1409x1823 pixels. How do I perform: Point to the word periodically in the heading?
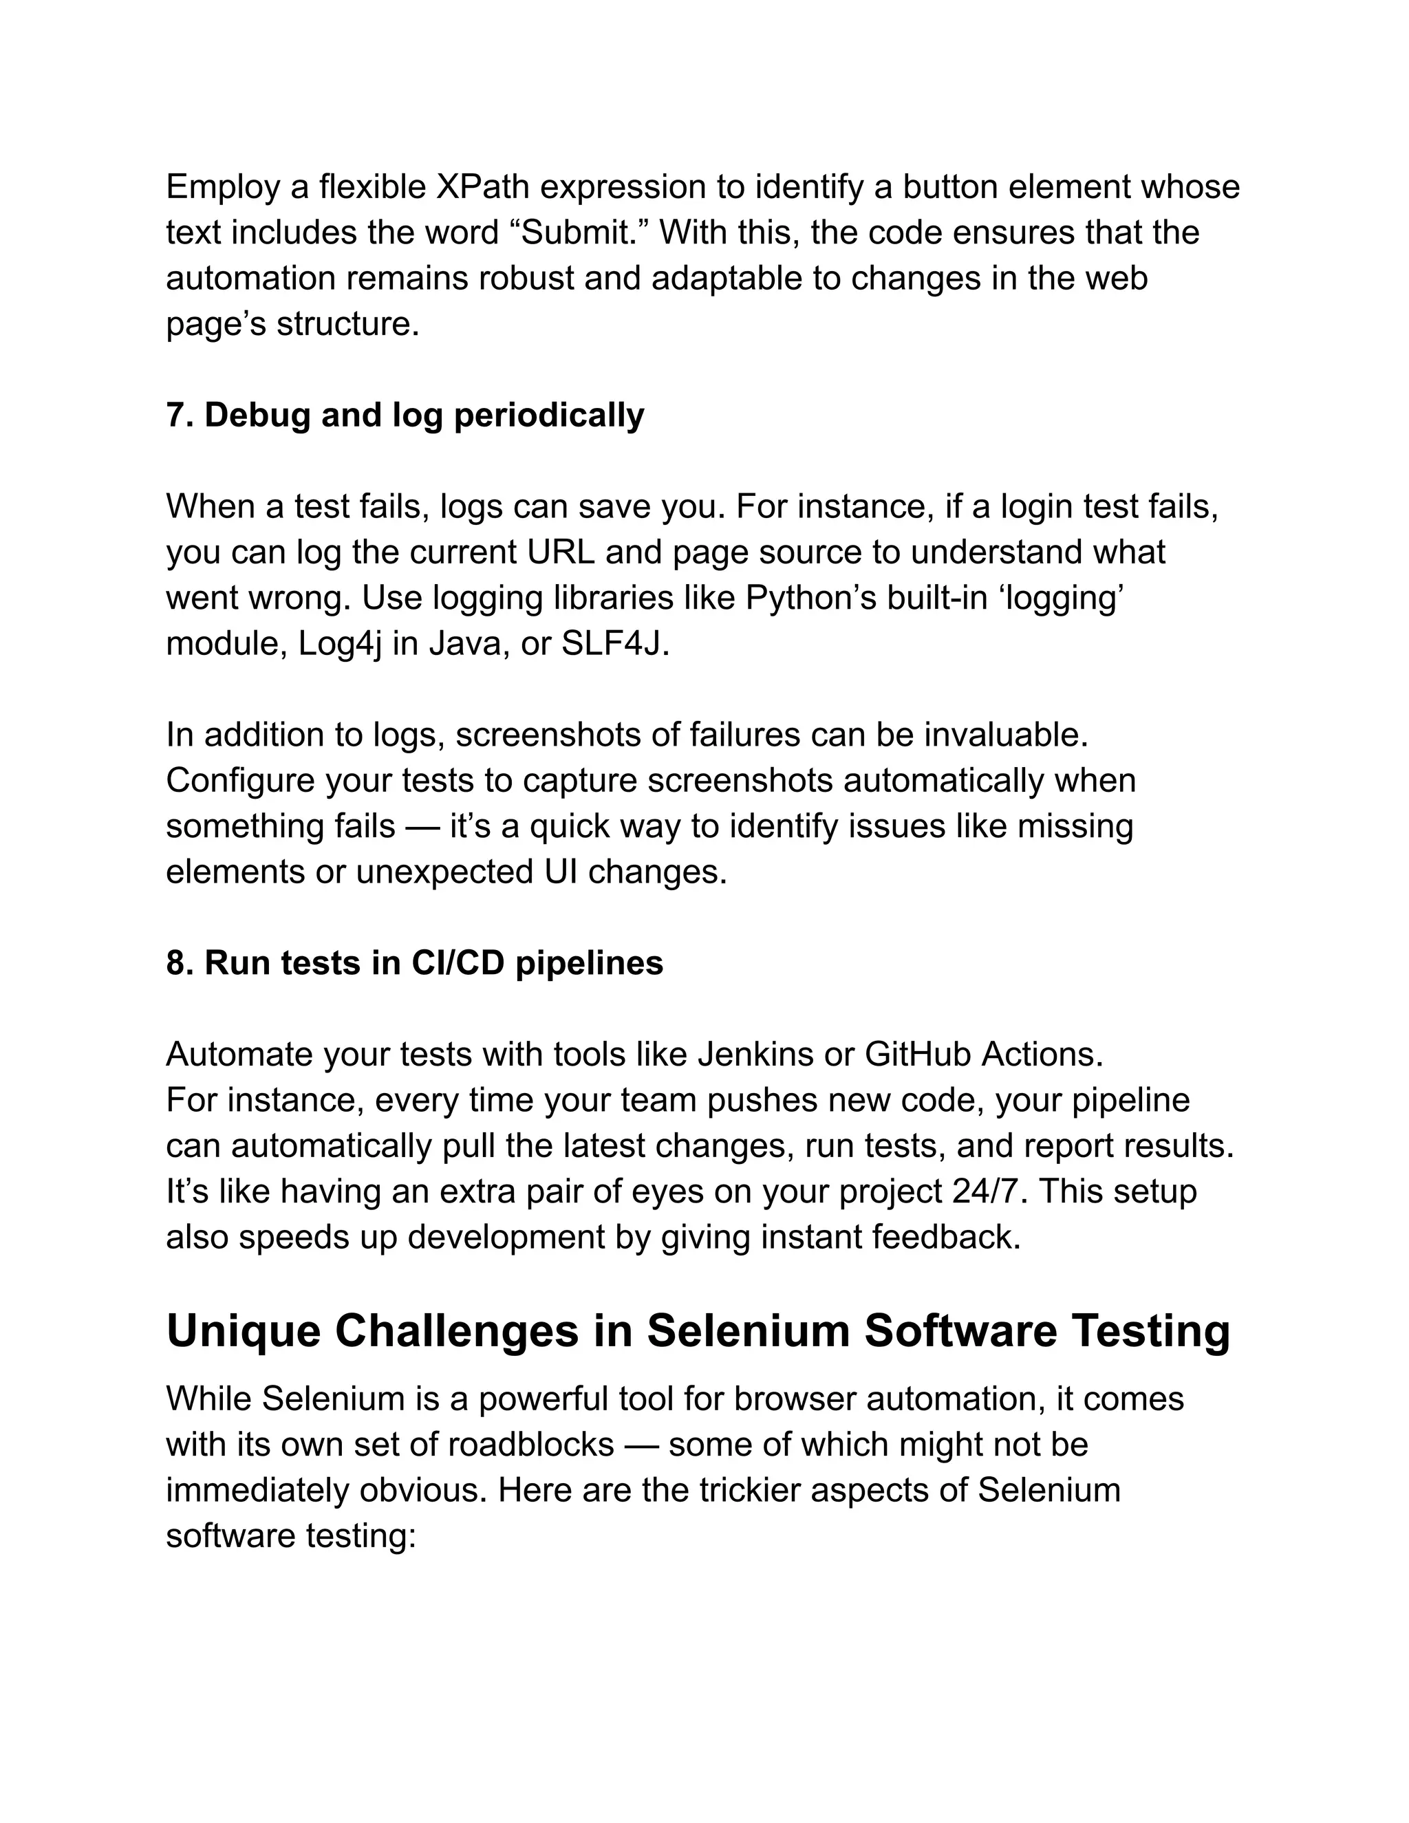[548, 416]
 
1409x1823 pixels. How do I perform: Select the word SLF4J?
[615, 645]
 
